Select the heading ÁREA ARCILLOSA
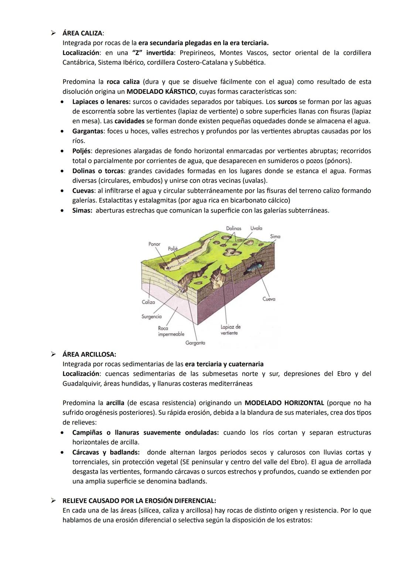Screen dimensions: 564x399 (x=89, y=354)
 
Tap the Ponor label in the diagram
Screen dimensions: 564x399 (x=154, y=244)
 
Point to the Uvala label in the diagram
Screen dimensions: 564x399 (x=256, y=228)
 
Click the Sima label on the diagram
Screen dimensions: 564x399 (x=275, y=236)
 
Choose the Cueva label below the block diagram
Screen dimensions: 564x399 (x=269, y=299)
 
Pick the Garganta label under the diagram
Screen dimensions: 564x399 (x=195, y=343)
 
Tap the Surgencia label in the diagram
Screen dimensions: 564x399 (x=151, y=317)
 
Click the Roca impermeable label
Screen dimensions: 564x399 (x=171, y=331)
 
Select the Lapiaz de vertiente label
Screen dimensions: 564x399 (x=231, y=330)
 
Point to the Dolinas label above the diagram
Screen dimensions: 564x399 (x=233, y=228)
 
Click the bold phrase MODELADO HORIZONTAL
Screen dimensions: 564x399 (x=284, y=403)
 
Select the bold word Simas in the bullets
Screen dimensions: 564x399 (x=82, y=211)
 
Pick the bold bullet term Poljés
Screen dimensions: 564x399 (x=81, y=151)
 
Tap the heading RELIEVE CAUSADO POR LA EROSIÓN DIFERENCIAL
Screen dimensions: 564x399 (x=139, y=501)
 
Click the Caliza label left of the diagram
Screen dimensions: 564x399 (x=149, y=302)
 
